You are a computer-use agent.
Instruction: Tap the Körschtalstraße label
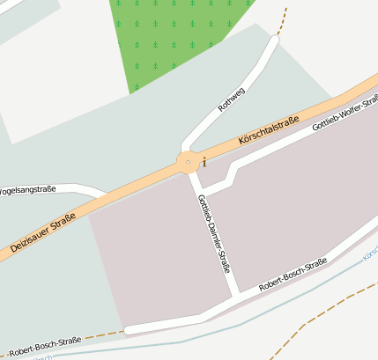[269, 131]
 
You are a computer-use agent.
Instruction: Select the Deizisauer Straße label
[42, 235]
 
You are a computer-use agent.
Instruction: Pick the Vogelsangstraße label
[26, 189]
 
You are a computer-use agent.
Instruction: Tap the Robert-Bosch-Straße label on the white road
[293, 276]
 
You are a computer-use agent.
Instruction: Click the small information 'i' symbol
[204, 162]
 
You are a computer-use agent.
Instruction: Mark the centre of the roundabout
[188, 163]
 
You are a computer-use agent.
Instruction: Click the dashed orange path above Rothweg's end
[282, 19]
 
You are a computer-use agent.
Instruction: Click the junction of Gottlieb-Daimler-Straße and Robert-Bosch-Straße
[235, 297]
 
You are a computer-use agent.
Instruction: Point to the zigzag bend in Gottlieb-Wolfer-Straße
[231, 176]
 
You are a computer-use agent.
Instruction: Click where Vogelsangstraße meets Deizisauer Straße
[104, 195]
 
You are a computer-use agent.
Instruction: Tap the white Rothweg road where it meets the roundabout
[184, 148]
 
